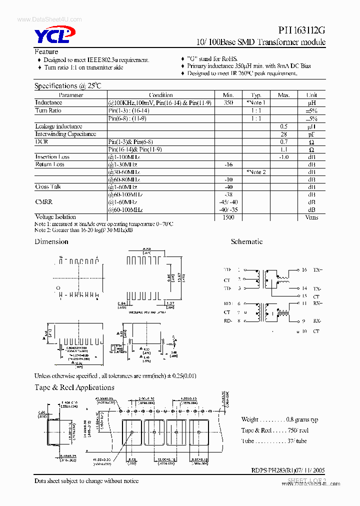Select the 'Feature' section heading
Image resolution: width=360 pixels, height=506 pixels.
pos(46,51)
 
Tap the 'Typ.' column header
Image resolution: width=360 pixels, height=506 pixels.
pos(256,95)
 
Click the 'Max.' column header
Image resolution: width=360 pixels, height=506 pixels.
pos(283,95)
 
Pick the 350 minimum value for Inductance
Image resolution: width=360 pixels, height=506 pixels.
pos(228,102)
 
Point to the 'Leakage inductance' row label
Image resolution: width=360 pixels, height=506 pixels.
pos(58,126)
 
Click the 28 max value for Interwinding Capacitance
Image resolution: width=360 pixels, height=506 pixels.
pos(283,134)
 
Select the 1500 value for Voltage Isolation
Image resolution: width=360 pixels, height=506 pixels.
pos(228,217)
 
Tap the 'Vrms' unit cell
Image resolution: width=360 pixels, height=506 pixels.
pos(311,217)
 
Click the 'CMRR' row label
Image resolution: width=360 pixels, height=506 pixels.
pos(44,202)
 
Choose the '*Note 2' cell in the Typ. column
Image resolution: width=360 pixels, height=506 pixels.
pos(256,172)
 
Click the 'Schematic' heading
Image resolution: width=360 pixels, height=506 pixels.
pos(246,241)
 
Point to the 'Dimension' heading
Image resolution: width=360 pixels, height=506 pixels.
pos(51,241)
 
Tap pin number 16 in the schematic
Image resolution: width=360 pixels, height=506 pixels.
pos(304,269)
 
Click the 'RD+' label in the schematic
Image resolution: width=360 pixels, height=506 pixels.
pos(228,303)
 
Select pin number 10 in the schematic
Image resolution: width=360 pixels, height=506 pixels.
pos(304,331)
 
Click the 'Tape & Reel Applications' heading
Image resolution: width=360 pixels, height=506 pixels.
pos(74,387)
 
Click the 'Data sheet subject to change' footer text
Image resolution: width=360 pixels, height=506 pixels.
pos(86,481)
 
